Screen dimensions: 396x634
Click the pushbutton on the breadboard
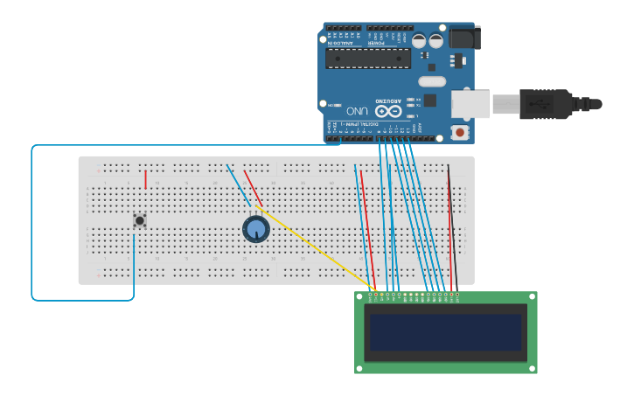[x=139, y=220]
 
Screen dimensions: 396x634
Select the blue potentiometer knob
[x=255, y=229]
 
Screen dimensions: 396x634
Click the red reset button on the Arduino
[x=459, y=133]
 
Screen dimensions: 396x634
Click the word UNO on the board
[x=357, y=111]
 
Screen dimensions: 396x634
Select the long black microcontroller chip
[x=367, y=59]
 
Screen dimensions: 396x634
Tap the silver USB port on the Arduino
[x=470, y=104]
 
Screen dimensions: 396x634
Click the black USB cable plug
[x=546, y=103]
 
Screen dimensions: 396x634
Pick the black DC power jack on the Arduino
[x=463, y=38]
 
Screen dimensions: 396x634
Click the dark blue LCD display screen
[x=445, y=332]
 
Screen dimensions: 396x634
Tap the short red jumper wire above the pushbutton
[x=145, y=179]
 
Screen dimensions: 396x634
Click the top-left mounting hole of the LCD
[x=360, y=297]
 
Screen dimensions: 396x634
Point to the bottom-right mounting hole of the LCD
[x=531, y=368]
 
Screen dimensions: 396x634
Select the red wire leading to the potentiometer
[x=253, y=188]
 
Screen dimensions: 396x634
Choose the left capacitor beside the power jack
[x=419, y=40]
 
